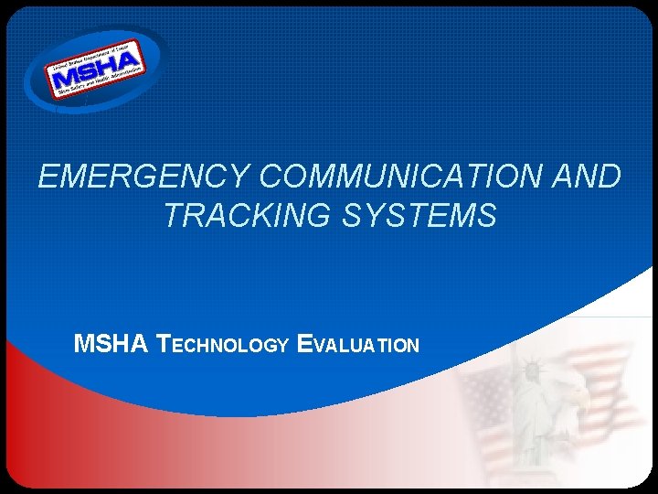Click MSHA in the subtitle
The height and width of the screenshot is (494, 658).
[111, 345]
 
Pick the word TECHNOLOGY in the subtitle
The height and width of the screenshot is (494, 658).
[224, 345]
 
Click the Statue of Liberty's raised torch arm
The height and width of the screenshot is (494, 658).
[514, 352]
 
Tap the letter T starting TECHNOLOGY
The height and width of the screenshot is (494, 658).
[164, 345]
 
